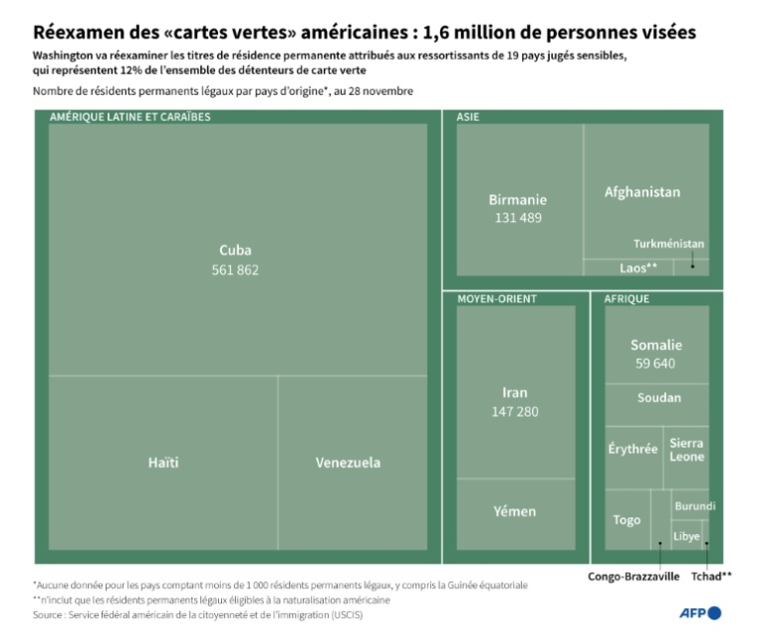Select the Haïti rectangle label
point(163,463)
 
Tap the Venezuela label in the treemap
point(348,463)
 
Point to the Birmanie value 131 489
point(517,217)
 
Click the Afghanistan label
point(642,191)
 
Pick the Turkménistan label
point(668,243)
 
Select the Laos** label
point(638,267)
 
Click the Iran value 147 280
point(516,411)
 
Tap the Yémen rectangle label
point(516,511)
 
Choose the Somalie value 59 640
point(655,363)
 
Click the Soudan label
point(658,398)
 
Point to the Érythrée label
point(632,450)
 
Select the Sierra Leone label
point(687,450)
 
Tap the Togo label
point(627,519)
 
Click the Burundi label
point(694,506)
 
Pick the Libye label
point(687,535)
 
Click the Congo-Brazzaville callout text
point(633,575)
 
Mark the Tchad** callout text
point(712,575)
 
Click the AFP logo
point(700,612)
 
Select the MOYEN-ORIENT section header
point(497,298)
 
